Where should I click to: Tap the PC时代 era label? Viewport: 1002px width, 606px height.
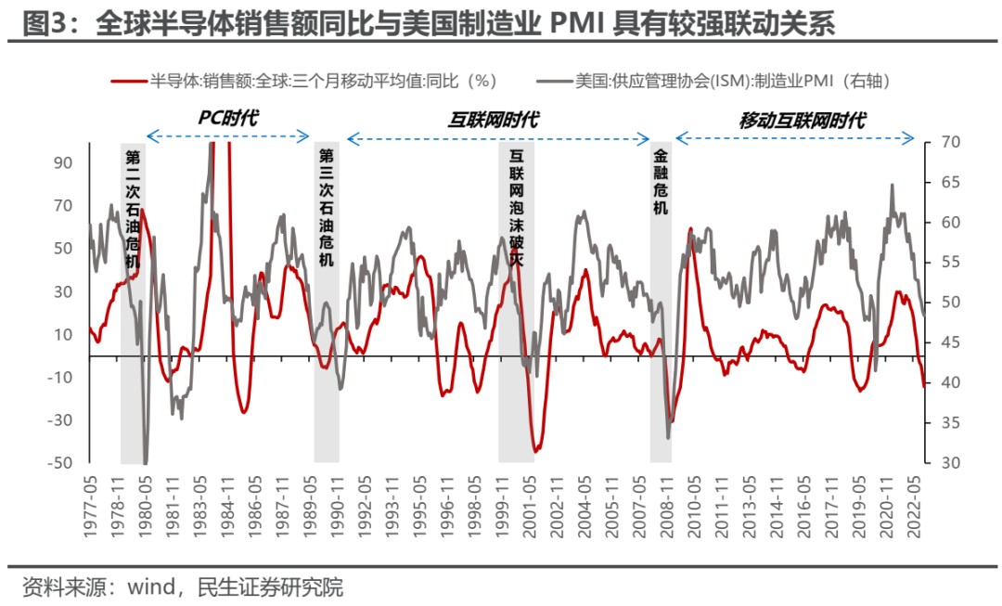pyautogui.click(x=227, y=118)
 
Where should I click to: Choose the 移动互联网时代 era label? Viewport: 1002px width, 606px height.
pyautogui.click(x=803, y=119)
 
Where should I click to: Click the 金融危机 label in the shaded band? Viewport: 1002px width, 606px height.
pyautogui.click(x=661, y=182)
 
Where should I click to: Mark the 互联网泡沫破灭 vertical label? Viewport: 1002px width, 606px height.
pyautogui.click(x=516, y=209)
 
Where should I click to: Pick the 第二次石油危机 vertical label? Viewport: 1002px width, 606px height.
pyautogui.click(x=133, y=209)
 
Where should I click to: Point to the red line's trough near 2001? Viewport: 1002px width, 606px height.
pyautogui.click(x=536, y=451)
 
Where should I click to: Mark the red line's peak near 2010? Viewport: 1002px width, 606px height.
pyautogui.click(x=690, y=229)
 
